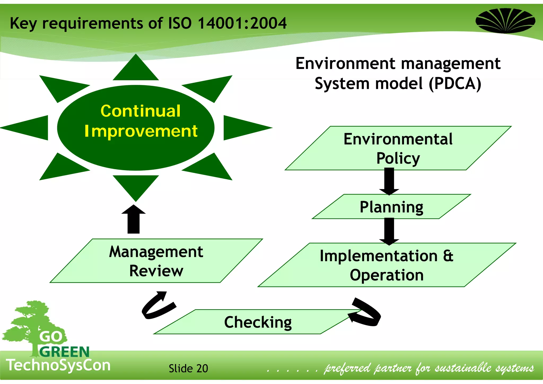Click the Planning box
click(x=391, y=207)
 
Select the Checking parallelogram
click(x=258, y=322)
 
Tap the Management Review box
click(x=156, y=261)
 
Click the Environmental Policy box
click(x=398, y=149)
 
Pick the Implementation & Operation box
click(x=387, y=265)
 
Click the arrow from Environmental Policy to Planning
click(x=389, y=182)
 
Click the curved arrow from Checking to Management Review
click(x=158, y=305)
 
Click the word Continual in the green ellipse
click(x=141, y=111)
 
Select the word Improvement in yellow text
click(x=141, y=131)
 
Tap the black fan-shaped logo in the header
click(x=505, y=21)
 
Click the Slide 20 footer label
click(x=188, y=368)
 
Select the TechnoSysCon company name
click(x=58, y=365)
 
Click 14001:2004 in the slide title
click(x=242, y=23)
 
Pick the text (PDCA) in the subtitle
click(x=455, y=84)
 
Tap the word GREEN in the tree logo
click(x=64, y=352)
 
